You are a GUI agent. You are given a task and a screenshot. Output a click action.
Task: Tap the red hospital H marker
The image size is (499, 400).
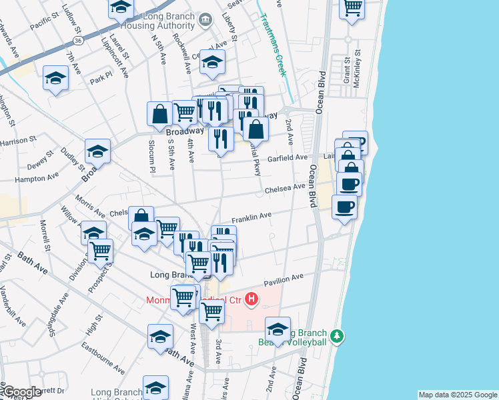251,299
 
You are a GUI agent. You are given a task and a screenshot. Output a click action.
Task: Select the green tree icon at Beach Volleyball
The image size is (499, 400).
338,335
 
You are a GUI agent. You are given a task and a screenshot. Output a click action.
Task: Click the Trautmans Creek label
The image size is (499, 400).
276,47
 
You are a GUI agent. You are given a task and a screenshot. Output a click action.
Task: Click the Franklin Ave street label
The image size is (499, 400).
252,217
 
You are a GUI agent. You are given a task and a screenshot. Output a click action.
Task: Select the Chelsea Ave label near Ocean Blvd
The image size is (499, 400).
285,189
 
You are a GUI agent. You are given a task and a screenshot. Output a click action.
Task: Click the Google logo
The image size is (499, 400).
22,392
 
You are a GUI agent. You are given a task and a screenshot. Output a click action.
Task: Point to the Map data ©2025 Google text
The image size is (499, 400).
457,395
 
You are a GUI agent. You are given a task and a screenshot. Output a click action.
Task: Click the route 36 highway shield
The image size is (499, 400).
79,41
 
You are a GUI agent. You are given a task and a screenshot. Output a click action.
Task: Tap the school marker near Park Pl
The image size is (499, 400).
56,78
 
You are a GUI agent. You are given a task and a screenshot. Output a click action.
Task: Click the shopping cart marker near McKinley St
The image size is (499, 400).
352,7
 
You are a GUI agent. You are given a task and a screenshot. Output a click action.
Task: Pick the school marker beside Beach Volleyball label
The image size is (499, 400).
278,329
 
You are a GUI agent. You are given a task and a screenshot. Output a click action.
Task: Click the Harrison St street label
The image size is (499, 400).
17,141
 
